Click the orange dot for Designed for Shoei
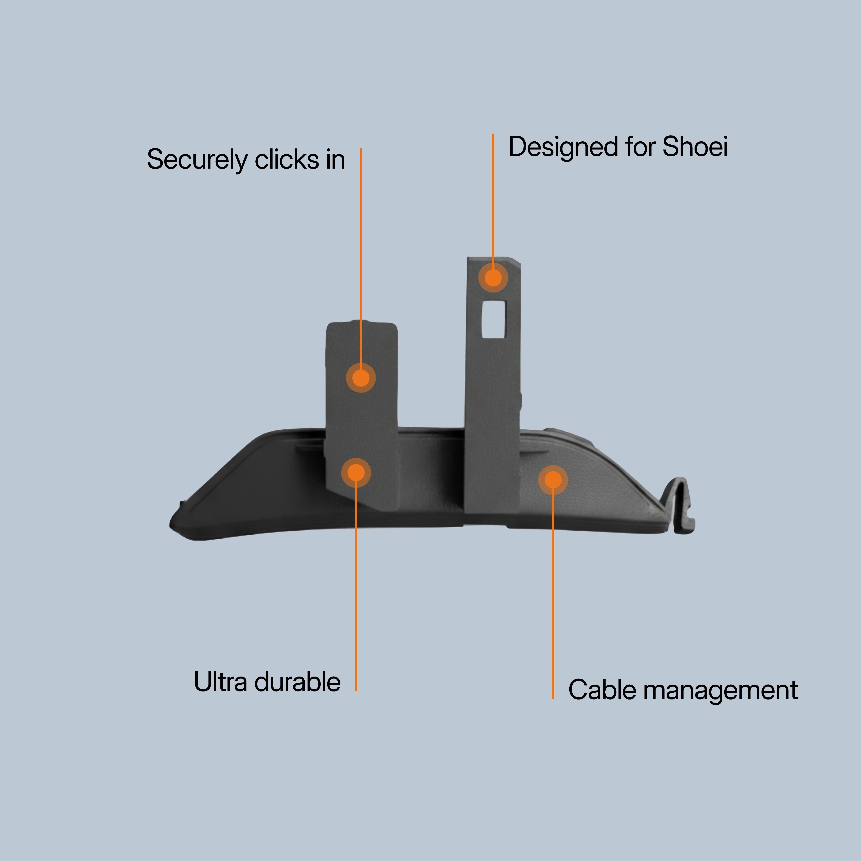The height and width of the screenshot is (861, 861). point(493,278)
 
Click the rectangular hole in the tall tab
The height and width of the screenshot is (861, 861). point(494,319)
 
